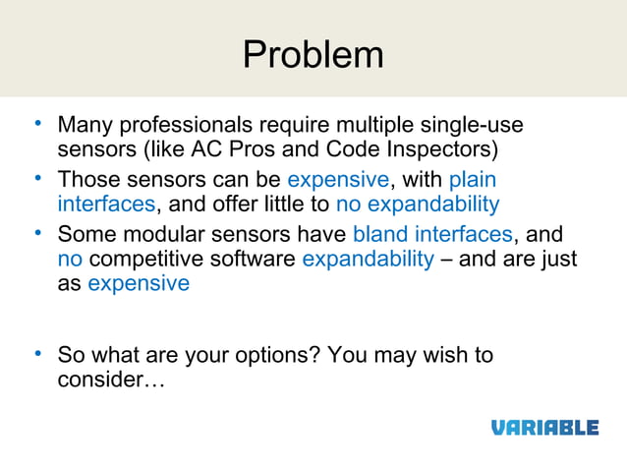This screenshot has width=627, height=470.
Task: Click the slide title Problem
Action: [313, 54]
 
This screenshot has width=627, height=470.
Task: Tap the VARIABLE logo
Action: [544, 427]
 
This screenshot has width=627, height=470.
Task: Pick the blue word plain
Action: [472, 180]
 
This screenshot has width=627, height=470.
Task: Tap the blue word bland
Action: [380, 234]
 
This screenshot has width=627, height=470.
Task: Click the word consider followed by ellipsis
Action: [111, 379]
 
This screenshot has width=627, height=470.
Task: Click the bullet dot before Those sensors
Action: [36, 178]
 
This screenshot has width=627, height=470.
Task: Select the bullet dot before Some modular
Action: [36, 232]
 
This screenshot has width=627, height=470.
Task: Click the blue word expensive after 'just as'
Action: [138, 283]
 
